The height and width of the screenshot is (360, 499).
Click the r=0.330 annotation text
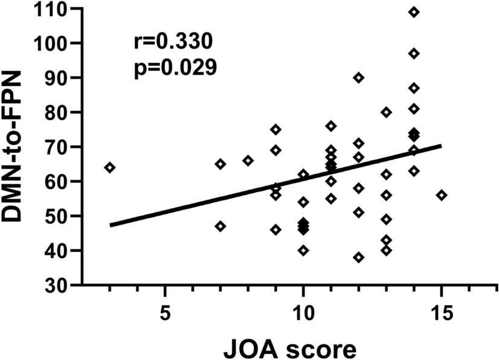click(x=172, y=42)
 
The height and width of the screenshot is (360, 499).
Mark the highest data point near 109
click(x=414, y=12)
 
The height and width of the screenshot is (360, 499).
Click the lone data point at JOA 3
click(x=110, y=167)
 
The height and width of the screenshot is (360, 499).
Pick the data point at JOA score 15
click(x=442, y=195)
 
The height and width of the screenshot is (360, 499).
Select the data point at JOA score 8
click(x=248, y=161)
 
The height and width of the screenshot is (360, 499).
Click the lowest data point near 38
click(x=359, y=257)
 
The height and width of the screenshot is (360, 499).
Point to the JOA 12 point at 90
click(x=359, y=77)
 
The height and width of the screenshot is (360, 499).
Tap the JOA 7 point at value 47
click(x=221, y=226)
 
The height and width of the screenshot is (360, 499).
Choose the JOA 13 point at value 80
click(x=387, y=112)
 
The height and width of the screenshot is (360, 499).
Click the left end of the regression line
click(x=111, y=225)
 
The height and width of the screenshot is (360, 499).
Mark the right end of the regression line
click(x=441, y=146)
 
